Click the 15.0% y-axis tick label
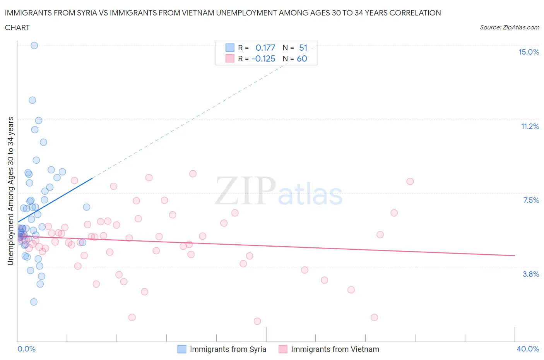click(529, 52)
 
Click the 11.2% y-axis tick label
click(530, 126)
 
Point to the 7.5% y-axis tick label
click(531, 200)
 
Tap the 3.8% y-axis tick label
click(531, 274)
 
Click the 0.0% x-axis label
click(26, 349)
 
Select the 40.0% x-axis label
click(528, 349)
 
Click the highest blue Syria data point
click(34, 45)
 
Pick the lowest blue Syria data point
click(34, 302)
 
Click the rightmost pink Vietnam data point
click(410, 182)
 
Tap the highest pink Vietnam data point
click(193, 174)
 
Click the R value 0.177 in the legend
click(265, 48)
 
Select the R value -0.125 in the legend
click(263, 58)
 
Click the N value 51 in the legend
click(303, 48)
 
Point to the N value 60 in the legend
click(302, 58)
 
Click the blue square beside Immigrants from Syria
click(182, 349)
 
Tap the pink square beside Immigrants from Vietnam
click(283, 349)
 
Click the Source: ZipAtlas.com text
click(509, 27)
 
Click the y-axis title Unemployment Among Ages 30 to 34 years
click(10, 191)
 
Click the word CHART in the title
click(17, 27)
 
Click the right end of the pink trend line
click(515, 255)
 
